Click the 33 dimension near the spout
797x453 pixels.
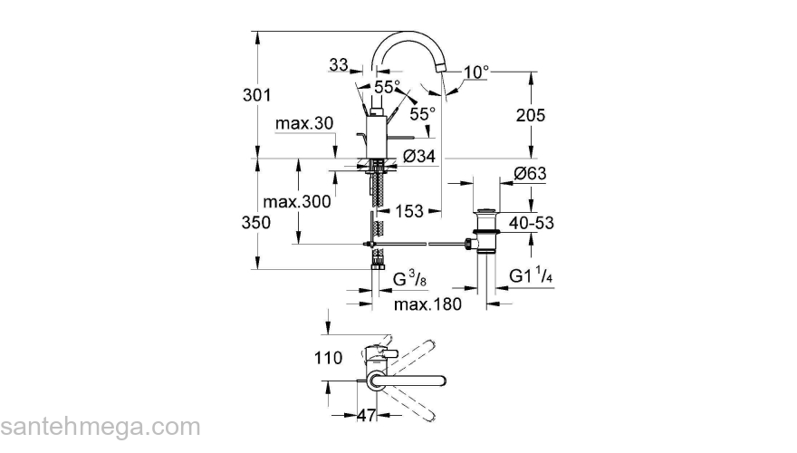tap(339, 64)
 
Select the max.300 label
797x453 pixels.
tap(296, 201)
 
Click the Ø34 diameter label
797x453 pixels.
tap(418, 157)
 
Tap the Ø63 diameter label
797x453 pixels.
tap(530, 174)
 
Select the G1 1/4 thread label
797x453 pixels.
tap(533, 275)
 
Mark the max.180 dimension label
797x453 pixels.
tap(427, 304)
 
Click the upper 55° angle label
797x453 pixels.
tap(387, 87)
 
